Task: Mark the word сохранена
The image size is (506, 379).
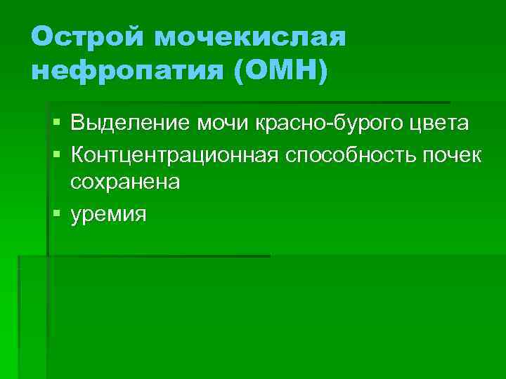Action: point(125,182)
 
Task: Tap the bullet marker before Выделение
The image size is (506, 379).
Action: point(56,124)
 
